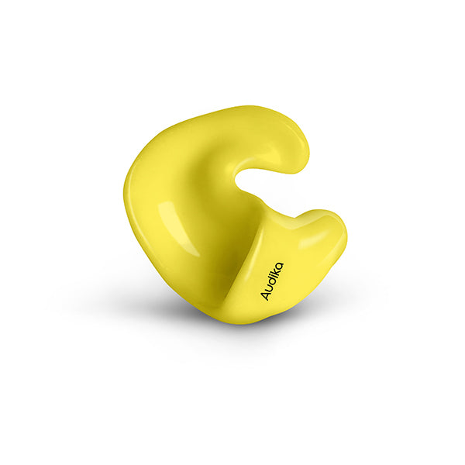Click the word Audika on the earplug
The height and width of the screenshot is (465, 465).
pyautogui.click(x=272, y=281)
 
